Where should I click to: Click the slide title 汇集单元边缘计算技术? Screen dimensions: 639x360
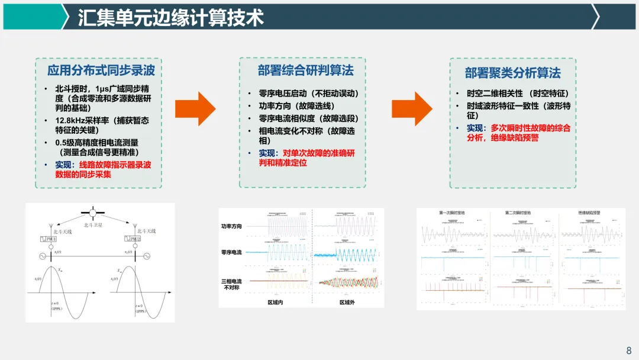171,17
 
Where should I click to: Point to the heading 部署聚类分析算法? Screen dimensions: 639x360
512,73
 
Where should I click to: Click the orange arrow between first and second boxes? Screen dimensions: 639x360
196,108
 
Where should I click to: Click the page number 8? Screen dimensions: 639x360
629,350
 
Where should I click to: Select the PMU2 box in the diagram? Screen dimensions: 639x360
133,238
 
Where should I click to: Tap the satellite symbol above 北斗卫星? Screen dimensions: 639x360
93,212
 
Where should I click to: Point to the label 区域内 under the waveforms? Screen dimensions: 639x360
275,303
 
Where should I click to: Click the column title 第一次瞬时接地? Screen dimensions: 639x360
452,212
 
